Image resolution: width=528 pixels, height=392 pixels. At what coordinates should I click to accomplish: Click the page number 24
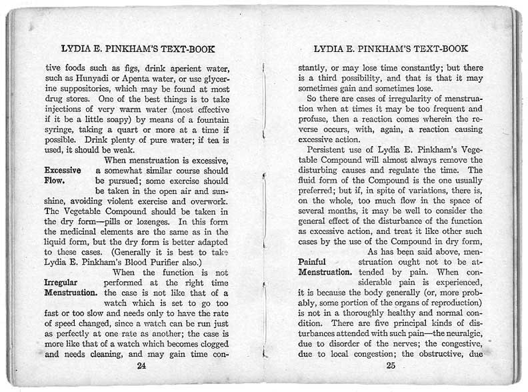pyautogui.click(x=141, y=365)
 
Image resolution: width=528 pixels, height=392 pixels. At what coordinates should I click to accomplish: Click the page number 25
pyautogui.click(x=391, y=365)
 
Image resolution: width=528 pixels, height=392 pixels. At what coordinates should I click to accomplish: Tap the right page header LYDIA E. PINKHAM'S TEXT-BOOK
pyautogui.click(x=393, y=49)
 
